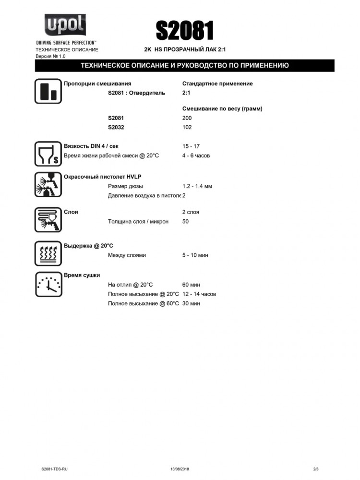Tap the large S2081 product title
[x=185, y=31]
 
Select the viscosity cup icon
[x=48, y=153]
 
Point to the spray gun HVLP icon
[x=48, y=185]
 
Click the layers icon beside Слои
[x=48, y=219]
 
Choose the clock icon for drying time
[x=48, y=284]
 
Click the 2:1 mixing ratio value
[x=187, y=93]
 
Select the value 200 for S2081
[x=187, y=118]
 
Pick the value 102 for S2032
[x=187, y=127]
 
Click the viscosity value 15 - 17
[x=191, y=146]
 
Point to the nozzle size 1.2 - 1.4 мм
[x=197, y=186]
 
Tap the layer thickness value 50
[x=185, y=221]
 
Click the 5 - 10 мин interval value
[x=195, y=255]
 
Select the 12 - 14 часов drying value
[x=199, y=294]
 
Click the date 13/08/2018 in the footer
[x=180, y=468]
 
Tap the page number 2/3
[x=315, y=468]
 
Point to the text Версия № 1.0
[x=50, y=56]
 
